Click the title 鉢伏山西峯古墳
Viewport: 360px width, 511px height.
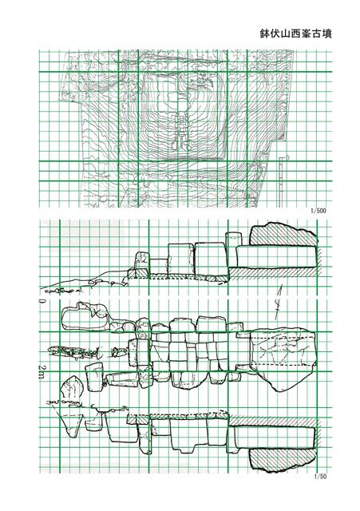pyautogui.click(x=295, y=34)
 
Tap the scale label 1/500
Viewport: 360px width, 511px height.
pyautogui.click(x=318, y=211)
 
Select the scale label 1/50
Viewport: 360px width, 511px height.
pyautogui.click(x=320, y=477)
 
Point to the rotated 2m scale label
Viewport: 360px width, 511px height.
pyautogui.click(x=42, y=371)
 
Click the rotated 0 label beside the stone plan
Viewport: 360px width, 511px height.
pyautogui.click(x=42, y=300)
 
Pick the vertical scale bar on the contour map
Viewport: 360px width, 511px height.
pyautogui.click(x=281, y=182)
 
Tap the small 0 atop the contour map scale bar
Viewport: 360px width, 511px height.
pyautogui.click(x=287, y=157)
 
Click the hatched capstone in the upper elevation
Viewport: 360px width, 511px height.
pyautogui.click(x=283, y=234)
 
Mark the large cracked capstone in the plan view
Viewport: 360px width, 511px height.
pyautogui.click(x=283, y=360)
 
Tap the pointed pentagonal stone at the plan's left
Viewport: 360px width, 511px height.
pyautogui.click(x=73, y=388)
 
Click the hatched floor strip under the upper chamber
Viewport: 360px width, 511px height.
pyautogui.click(x=273, y=272)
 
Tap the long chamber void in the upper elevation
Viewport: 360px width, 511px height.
pyautogui.click(x=276, y=257)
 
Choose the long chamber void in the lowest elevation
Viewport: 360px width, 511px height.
pyautogui.click(x=275, y=438)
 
